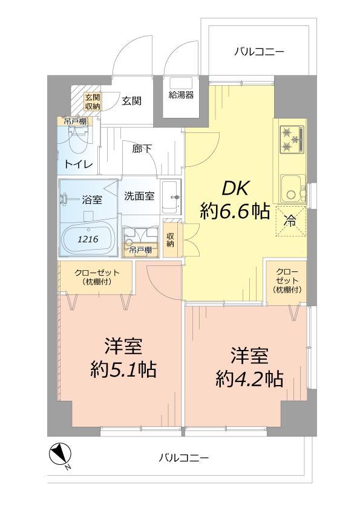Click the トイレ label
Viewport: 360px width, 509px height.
point(79,165)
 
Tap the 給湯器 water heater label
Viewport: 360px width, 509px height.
point(181,95)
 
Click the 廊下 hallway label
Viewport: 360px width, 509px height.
point(141,149)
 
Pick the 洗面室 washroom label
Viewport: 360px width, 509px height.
point(139,196)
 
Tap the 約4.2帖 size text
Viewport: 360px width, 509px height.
point(250,379)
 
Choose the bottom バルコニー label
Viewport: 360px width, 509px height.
point(184,458)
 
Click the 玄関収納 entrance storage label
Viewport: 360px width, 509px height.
point(92,102)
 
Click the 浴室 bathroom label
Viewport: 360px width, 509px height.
point(92,200)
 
